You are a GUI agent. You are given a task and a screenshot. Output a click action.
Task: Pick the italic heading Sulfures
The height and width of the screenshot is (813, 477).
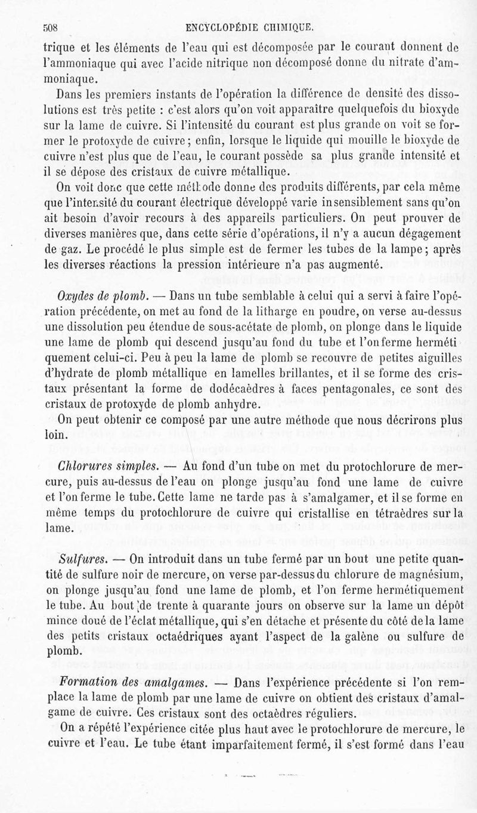pyautogui.click(x=83, y=560)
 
